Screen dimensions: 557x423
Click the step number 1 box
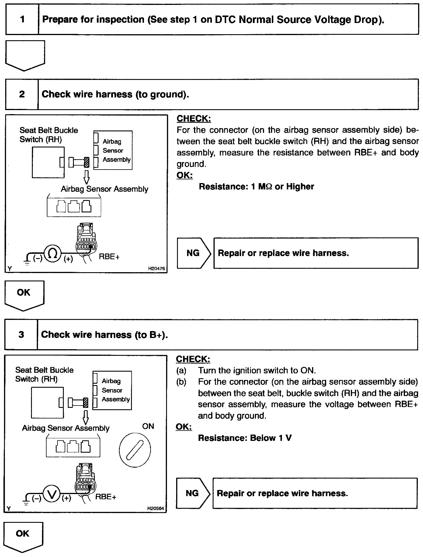tap(22, 20)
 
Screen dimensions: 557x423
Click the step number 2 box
tap(22, 94)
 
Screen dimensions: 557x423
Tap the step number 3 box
tap(21, 335)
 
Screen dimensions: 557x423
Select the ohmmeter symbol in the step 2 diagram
tap(53, 254)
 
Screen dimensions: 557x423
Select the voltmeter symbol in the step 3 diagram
tap(52, 494)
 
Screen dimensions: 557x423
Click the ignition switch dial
tap(135, 449)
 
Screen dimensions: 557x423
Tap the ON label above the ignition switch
tap(148, 426)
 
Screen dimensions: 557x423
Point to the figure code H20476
tap(156, 268)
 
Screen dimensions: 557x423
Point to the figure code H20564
tap(155, 508)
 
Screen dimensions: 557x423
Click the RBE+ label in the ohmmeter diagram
tap(109, 257)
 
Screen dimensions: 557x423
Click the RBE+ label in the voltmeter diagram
tap(105, 497)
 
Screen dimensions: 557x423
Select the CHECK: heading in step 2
tap(194, 118)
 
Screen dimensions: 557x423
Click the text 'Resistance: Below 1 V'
tap(245, 438)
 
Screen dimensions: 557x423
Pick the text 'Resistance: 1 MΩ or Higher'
tap(256, 187)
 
